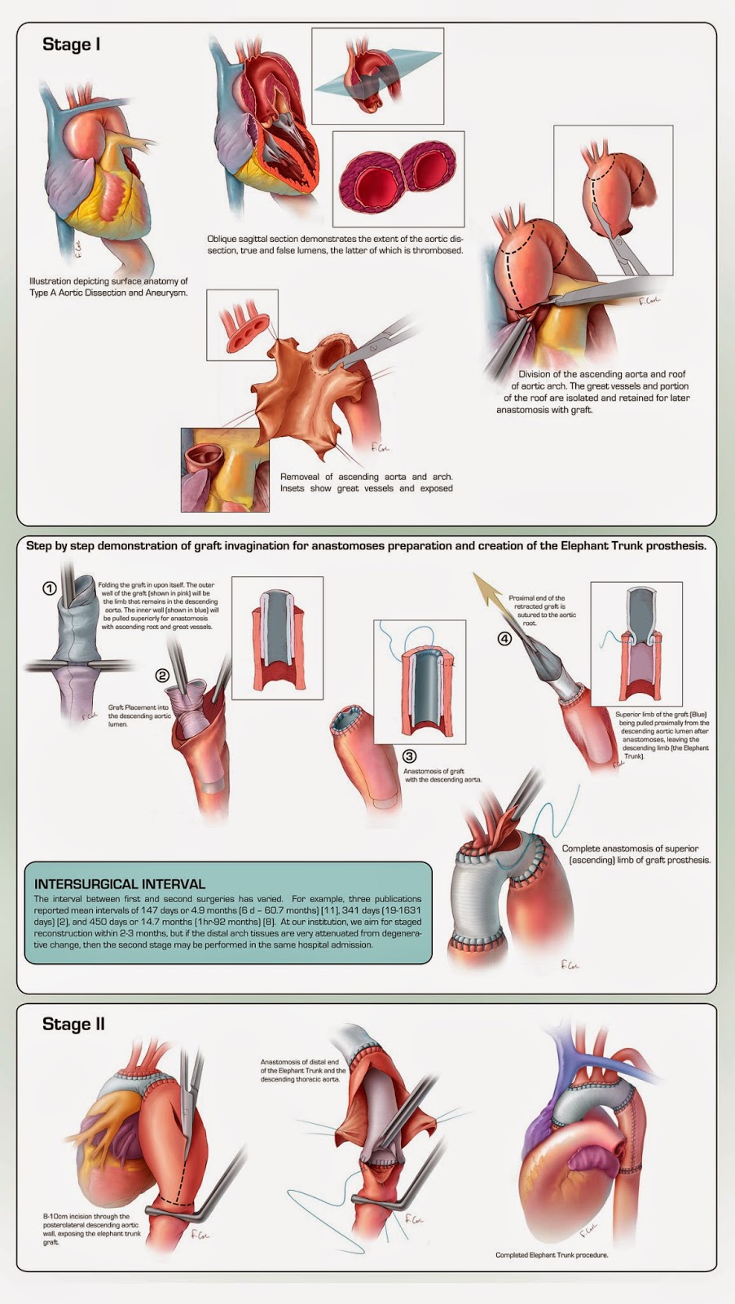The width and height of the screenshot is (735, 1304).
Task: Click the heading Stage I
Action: (71, 45)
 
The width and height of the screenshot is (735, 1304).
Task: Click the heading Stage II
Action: (73, 1024)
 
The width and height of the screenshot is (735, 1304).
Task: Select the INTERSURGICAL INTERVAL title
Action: (120, 883)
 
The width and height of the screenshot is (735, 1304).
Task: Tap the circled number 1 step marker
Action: (50, 588)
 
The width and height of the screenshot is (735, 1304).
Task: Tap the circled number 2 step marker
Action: (163, 675)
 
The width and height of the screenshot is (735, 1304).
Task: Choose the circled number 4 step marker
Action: (505, 638)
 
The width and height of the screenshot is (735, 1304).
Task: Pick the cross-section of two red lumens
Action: (398, 178)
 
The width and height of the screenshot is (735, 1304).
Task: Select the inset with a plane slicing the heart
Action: (377, 76)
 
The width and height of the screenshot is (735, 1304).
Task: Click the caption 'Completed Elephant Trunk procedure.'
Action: (552, 1255)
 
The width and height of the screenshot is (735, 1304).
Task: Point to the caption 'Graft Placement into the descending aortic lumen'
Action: (139, 716)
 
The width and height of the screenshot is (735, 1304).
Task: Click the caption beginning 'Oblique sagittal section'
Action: (334, 244)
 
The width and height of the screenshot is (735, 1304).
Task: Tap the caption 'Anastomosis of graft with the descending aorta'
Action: (442, 775)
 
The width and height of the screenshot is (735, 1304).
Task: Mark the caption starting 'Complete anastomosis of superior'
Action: (636, 854)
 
